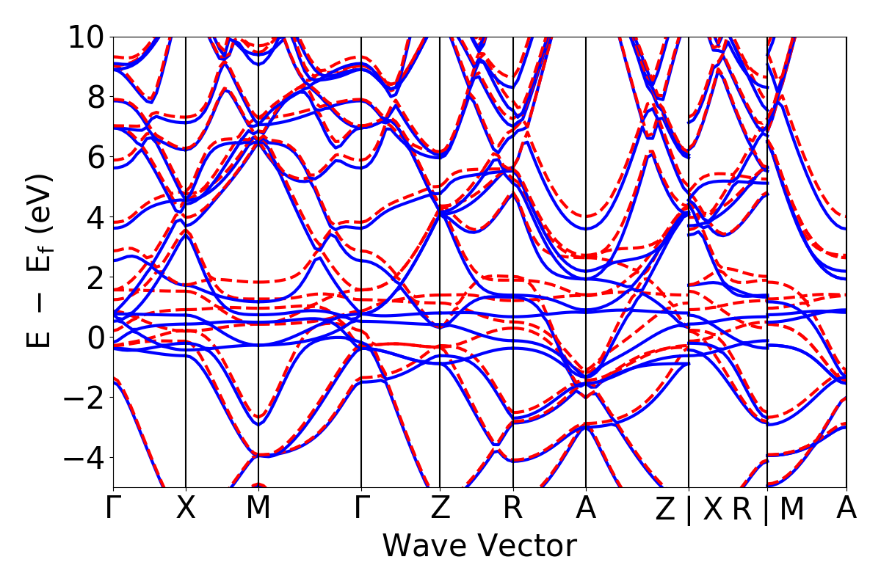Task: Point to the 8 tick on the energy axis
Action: pyautogui.click(x=95, y=97)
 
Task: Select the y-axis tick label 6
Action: pyautogui.click(x=95, y=157)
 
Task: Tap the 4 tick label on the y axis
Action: pyautogui.click(x=95, y=217)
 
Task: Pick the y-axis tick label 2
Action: pyautogui.click(x=95, y=277)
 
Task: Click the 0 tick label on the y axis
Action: pyautogui.click(x=95, y=338)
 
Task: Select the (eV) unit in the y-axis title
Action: pyautogui.click(x=40, y=208)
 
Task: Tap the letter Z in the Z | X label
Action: pyautogui.click(x=664, y=509)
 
